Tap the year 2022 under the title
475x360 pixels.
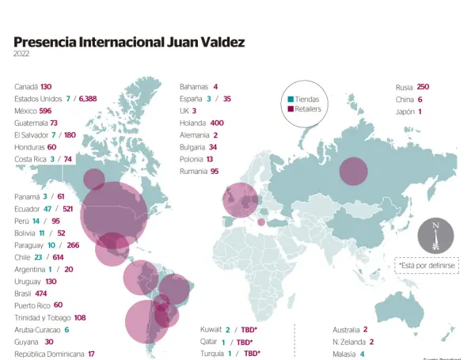pyautogui.click(x=23, y=55)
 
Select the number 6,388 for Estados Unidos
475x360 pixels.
pyautogui.click(x=88, y=99)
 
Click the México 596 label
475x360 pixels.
pyautogui.click(x=32, y=111)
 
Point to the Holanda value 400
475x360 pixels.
pyautogui.click(x=217, y=123)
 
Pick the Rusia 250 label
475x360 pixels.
pyautogui.click(x=412, y=87)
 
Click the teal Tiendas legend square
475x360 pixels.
pyautogui.click(x=291, y=99)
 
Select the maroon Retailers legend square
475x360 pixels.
pyautogui.click(x=291, y=108)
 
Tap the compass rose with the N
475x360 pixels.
pyautogui.click(x=435, y=234)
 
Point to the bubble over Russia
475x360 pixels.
pyautogui.click(x=353, y=172)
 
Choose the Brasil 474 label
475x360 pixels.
pyautogui.click(x=31, y=294)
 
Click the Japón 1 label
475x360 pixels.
pyautogui.click(x=408, y=112)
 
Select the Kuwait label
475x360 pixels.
pyautogui.click(x=211, y=329)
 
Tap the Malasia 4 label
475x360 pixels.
pyautogui.click(x=348, y=354)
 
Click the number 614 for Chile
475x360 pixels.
pyautogui.click(x=58, y=257)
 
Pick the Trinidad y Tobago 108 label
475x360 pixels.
pyautogui.click(x=50, y=317)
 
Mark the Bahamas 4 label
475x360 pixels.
pyautogui.click(x=198, y=87)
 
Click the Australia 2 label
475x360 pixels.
pyautogui.click(x=350, y=329)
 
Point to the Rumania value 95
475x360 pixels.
pyautogui.click(x=215, y=171)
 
